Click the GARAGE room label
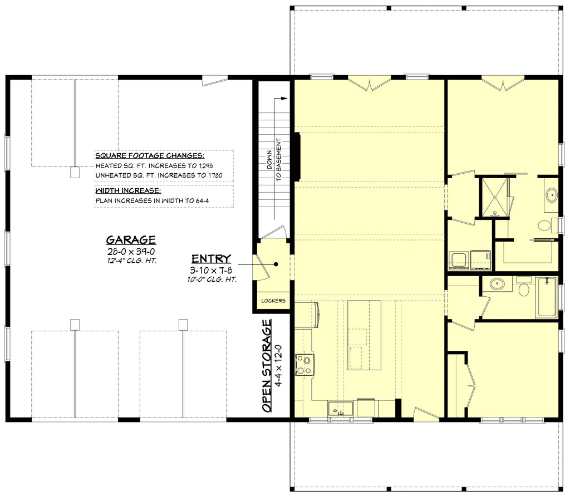point(131,240)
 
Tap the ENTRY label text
point(211,258)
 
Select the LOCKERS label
point(273,301)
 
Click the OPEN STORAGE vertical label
point(267,365)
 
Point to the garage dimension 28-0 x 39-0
point(131,252)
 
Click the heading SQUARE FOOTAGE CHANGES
point(150,156)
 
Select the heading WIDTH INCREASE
point(128,190)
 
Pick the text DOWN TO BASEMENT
point(274,159)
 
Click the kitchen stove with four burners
point(304,365)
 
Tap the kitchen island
point(364,335)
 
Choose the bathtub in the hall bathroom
point(546,297)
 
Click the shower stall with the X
point(494,197)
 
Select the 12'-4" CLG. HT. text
point(131,261)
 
